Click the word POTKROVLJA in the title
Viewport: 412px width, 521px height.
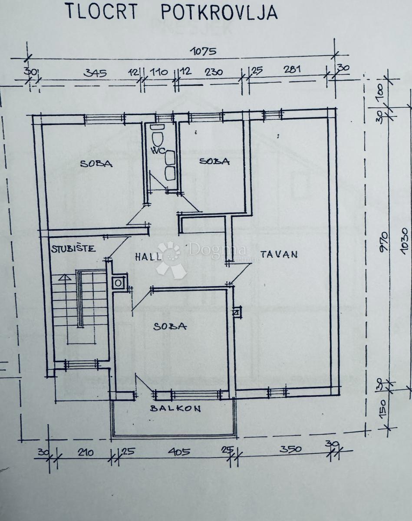point(219,12)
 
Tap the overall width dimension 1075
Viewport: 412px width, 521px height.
point(203,51)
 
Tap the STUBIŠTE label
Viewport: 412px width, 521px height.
point(73,249)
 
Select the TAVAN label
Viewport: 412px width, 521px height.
point(279,254)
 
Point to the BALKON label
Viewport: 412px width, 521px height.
point(176,408)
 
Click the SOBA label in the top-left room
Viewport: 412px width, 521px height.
point(96,164)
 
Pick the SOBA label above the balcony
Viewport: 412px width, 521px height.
point(170,326)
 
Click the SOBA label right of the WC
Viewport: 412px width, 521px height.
point(214,162)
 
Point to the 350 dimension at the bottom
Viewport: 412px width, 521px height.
point(290,449)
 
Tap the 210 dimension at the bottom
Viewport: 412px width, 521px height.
point(86,453)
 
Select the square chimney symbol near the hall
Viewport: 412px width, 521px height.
point(118,283)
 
